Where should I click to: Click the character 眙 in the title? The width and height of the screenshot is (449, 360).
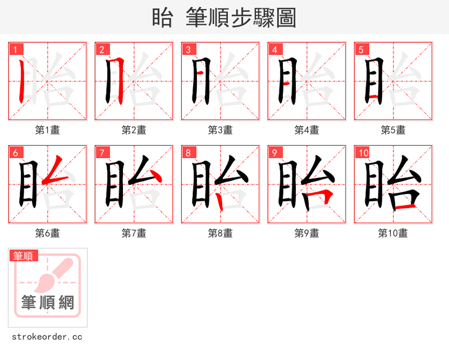pos(162,18)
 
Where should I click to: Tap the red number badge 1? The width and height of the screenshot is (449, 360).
pos(15,49)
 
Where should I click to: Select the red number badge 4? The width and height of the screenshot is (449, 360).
pos(274,49)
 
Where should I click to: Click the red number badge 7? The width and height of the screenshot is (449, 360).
pos(102,153)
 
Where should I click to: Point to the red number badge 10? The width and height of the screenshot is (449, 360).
pos(363,153)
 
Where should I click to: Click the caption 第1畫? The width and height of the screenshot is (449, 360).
pos(48,130)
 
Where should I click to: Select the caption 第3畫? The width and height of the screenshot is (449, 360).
pos(220,130)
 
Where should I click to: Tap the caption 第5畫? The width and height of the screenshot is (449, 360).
pos(393,130)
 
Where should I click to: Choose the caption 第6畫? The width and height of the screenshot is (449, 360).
pos(48,233)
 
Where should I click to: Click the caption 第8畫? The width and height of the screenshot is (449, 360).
pos(220,233)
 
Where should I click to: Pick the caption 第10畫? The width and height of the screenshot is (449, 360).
pos(393,233)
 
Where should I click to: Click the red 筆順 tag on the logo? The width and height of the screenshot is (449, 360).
pos(24,256)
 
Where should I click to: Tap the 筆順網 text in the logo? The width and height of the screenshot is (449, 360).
pos(48,303)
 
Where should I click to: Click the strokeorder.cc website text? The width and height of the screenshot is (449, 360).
pos(47,337)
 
